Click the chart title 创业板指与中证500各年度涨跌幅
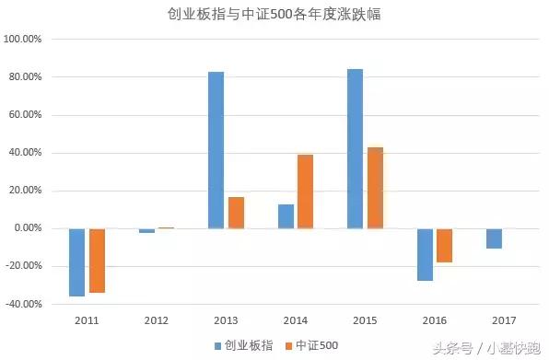click(x=274, y=15)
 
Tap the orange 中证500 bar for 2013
click(x=236, y=213)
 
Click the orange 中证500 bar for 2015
click(x=375, y=188)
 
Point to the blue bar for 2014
click(x=286, y=216)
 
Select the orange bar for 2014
click(x=306, y=192)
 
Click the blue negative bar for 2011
click(x=76, y=262)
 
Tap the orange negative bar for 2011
click(x=97, y=261)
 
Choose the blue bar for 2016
click(x=425, y=254)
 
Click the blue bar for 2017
click(x=495, y=238)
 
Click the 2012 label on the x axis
click(x=157, y=319)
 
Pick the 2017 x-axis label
click(x=505, y=319)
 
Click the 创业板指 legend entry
click(x=243, y=344)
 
